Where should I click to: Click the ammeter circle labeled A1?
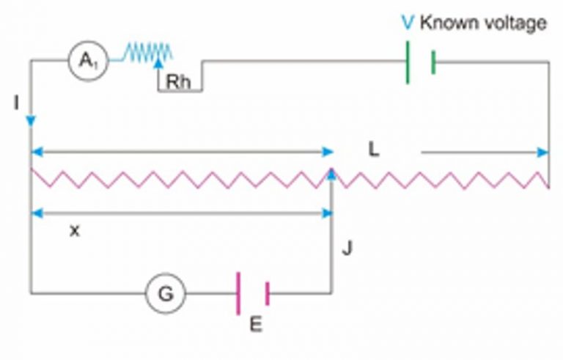coord(89,63)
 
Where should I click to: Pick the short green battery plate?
coord(433,63)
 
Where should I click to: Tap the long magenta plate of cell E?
coord(238,293)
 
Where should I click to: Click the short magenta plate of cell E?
coord(267,293)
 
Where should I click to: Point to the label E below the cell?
coord(255,325)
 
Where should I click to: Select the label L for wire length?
coord(374,150)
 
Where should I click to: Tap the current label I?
coord(15,103)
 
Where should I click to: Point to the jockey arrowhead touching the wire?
coord(331,173)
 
